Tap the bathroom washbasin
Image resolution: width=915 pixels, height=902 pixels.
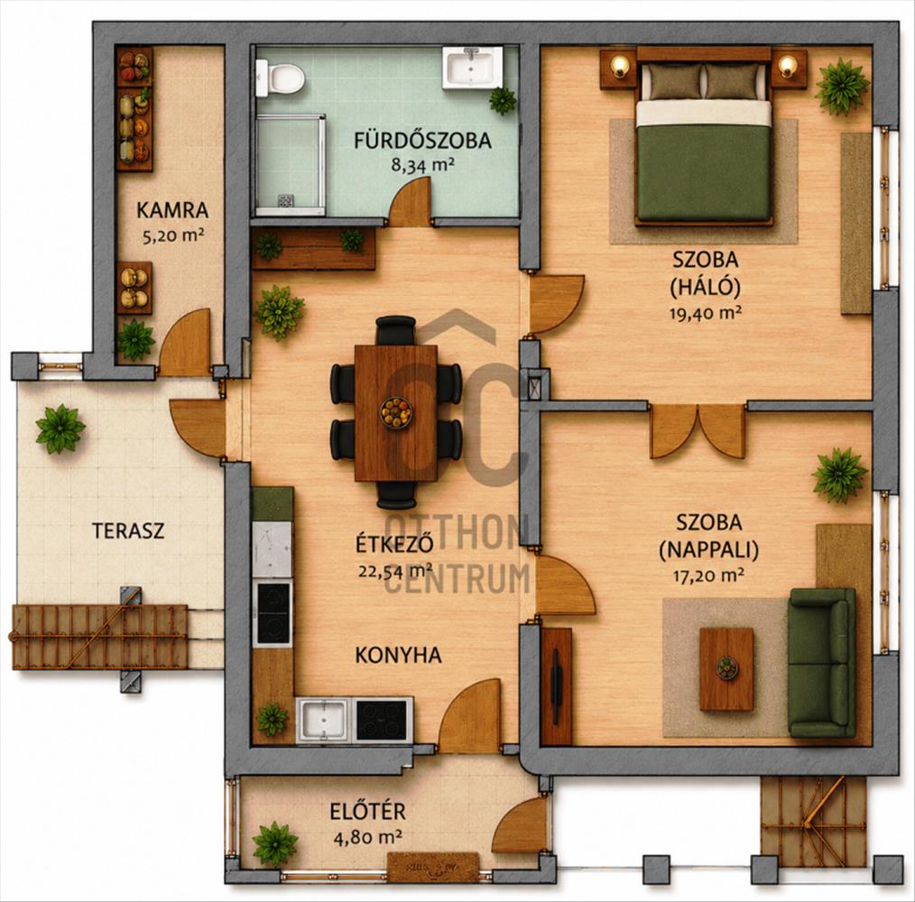pos(472,68)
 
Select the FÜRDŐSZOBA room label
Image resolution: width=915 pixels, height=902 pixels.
pos(422,141)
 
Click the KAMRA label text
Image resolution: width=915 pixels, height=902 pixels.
pos(172,210)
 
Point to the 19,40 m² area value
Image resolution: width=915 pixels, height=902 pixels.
pos(706,313)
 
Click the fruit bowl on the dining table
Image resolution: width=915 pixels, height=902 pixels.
pos(396,412)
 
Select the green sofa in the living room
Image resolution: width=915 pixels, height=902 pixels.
pos(822,663)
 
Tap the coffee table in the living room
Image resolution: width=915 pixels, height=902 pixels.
pos(726,668)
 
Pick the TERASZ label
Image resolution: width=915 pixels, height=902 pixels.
pos(128,531)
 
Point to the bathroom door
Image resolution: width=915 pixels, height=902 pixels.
pos(411,202)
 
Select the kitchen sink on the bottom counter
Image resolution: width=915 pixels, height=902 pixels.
pos(324,720)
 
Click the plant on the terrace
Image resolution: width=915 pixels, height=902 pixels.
pos(60,428)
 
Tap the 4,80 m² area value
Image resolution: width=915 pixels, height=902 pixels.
pos(367,838)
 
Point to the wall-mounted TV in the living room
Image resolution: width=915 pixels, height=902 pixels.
pos(556,686)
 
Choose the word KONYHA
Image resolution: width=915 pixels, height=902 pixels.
pos(398,655)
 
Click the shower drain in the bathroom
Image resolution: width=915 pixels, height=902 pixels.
pos(285,201)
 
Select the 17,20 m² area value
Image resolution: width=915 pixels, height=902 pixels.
pos(708,576)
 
